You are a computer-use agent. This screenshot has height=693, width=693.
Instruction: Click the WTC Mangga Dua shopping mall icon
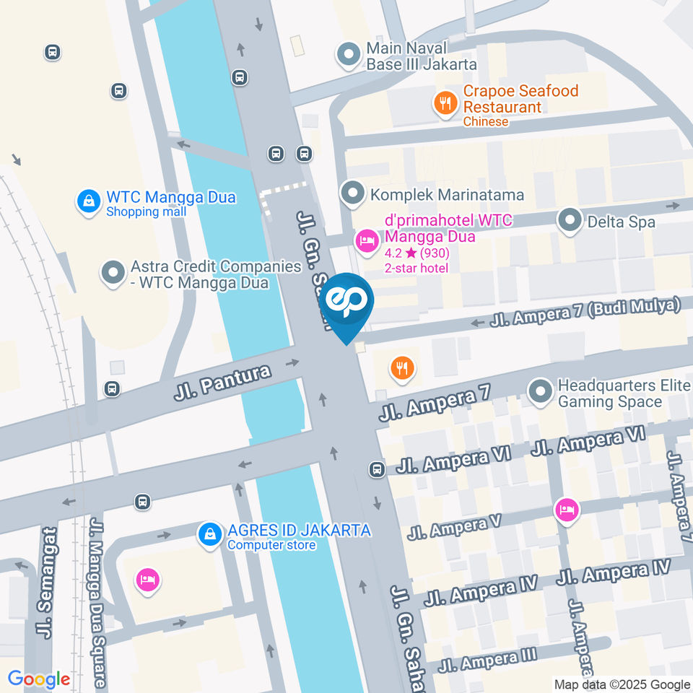pyautogui.click(x=87, y=202)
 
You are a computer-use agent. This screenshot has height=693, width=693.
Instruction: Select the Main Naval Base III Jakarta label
pyautogui.click(x=422, y=56)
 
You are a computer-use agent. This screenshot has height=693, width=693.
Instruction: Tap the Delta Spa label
pyautogui.click(x=621, y=222)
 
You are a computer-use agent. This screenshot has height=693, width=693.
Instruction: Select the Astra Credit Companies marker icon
pyautogui.click(x=113, y=274)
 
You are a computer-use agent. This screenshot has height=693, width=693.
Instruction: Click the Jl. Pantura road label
pyautogui.click(x=222, y=383)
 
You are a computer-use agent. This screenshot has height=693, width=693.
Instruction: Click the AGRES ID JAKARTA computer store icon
pyautogui.click(x=209, y=536)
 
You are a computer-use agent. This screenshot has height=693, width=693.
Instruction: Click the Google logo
pyautogui.click(x=39, y=679)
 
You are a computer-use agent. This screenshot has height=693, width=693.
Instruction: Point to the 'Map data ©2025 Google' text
pyautogui.click(x=622, y=684)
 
